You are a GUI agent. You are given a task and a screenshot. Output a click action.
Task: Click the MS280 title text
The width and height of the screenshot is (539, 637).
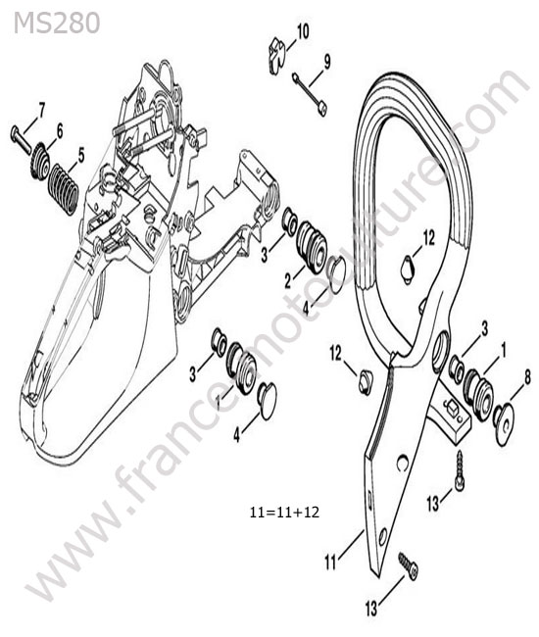point(57,23)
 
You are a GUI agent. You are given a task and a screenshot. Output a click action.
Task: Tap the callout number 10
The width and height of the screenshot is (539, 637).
point(303,31)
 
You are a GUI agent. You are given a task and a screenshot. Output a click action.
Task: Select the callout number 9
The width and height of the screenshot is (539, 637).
point(326,62)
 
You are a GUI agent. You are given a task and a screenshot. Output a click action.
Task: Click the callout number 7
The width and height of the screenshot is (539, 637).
point(41,110)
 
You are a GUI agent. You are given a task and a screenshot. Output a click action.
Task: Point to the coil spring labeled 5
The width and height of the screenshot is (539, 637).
point(64,189)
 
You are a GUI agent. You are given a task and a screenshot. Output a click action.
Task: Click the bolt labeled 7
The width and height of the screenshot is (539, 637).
point(21,140)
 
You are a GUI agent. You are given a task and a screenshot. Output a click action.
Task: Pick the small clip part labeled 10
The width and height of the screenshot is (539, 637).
point(278,56)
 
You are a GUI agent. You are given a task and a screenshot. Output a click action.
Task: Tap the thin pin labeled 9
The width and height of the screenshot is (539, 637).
point(310,94)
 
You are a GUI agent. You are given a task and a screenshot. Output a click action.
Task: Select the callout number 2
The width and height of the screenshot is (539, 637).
point(288,280)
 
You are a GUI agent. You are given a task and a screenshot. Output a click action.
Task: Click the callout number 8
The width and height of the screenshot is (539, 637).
point(527,378)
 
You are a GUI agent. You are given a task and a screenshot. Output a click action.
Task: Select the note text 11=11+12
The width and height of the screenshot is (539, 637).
point(285,512)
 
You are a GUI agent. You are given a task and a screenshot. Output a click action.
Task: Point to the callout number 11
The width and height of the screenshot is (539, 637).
point(330,563)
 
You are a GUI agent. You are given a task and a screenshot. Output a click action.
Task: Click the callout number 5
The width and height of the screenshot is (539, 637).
point(81,155)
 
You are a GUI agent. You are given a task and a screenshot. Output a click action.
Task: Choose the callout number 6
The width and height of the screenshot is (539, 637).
point(60,131)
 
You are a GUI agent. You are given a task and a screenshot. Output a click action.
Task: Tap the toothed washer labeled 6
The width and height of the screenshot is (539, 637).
point(40,161)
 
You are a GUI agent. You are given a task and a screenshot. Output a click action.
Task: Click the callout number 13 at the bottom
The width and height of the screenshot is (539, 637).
point(371,609)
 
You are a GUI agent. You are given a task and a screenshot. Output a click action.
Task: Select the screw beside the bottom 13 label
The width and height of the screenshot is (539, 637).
point(409,565)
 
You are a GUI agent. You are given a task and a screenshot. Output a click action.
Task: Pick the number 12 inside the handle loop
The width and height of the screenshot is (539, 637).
point(428,238)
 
